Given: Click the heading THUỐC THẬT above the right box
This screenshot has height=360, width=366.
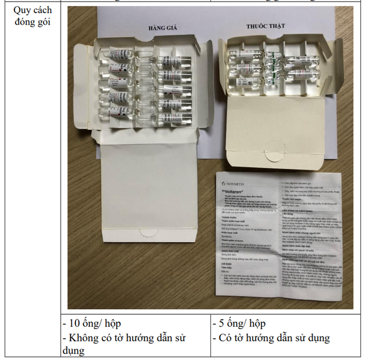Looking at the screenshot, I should tap(265, 26).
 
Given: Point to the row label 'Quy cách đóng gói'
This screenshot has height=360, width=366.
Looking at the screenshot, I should tap(32, 16).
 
